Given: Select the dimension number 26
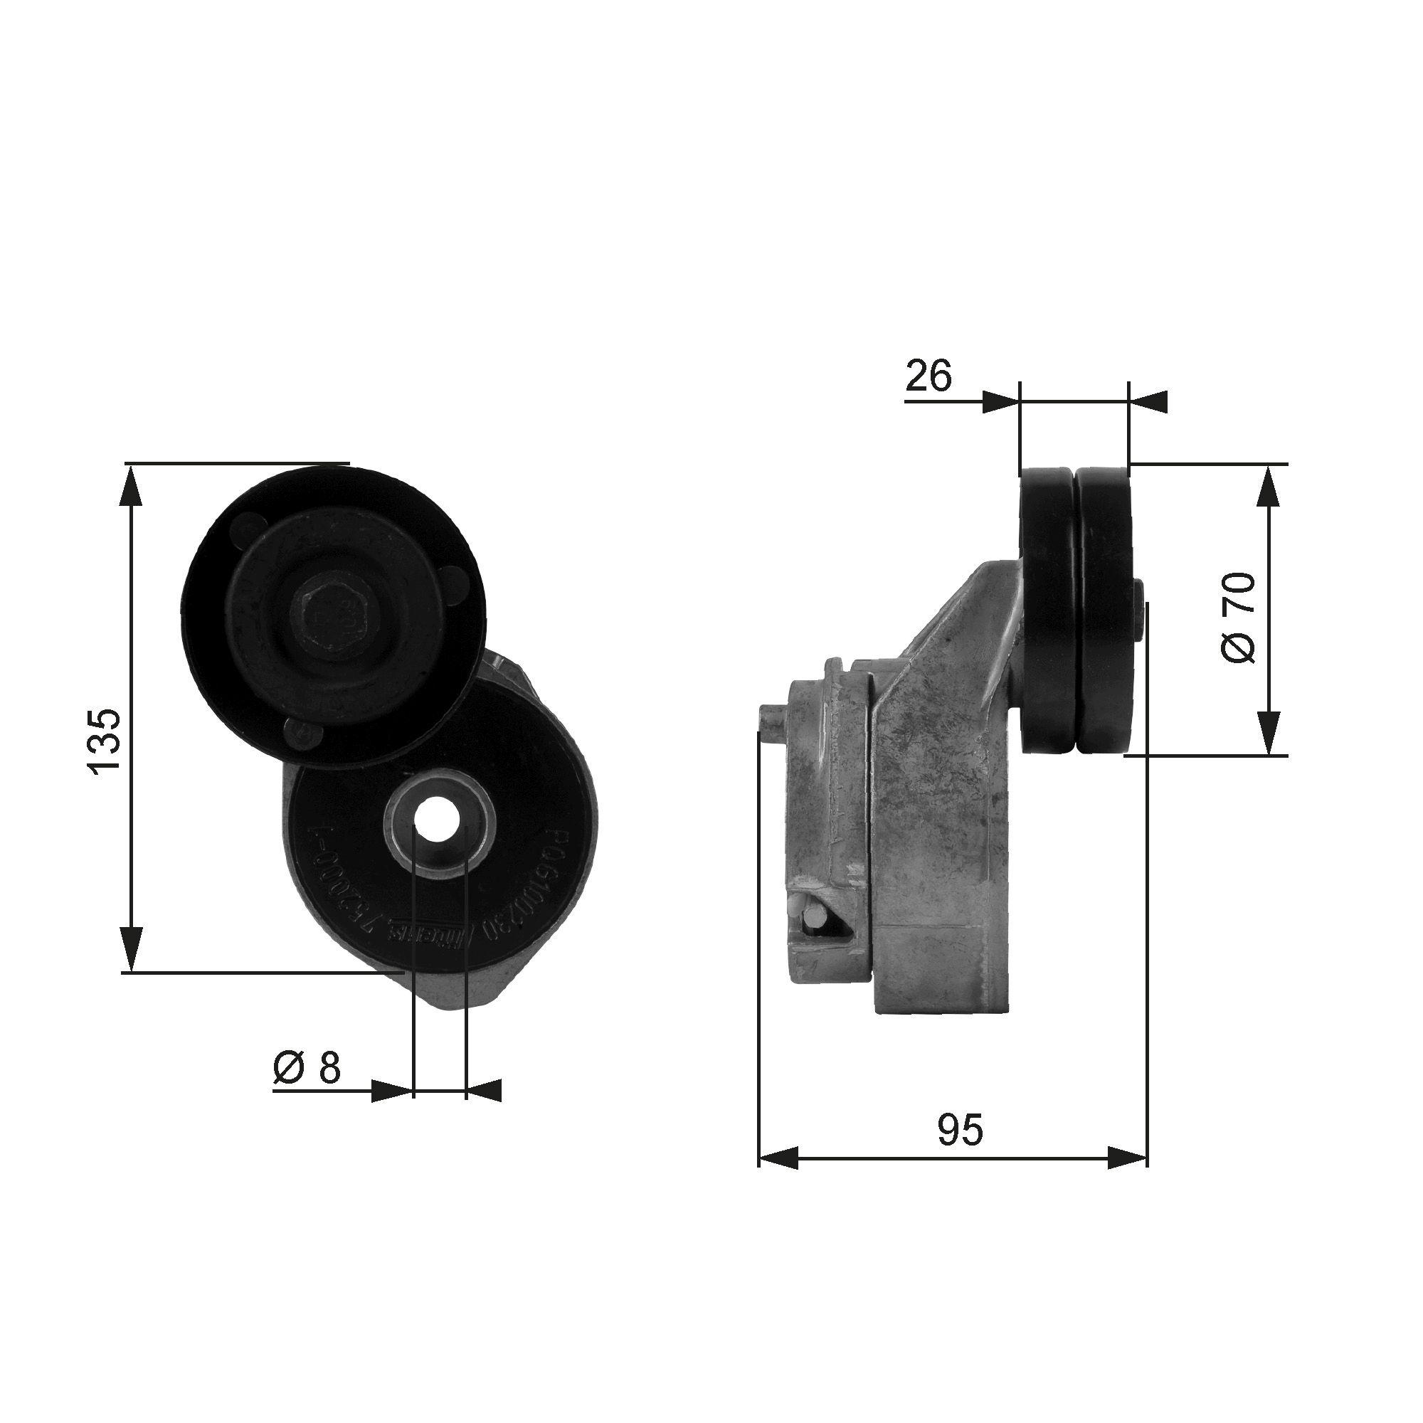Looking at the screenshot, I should (928, 377).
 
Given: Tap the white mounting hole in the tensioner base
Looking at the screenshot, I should (438, 819).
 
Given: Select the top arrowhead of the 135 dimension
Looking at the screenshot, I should (131, 485).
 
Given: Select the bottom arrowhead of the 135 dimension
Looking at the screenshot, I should (131, 951).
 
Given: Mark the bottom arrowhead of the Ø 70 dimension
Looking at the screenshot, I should (1268, 737).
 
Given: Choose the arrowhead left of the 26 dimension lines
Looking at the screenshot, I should (1000, 402).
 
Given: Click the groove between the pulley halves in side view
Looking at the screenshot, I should (1074, 611).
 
